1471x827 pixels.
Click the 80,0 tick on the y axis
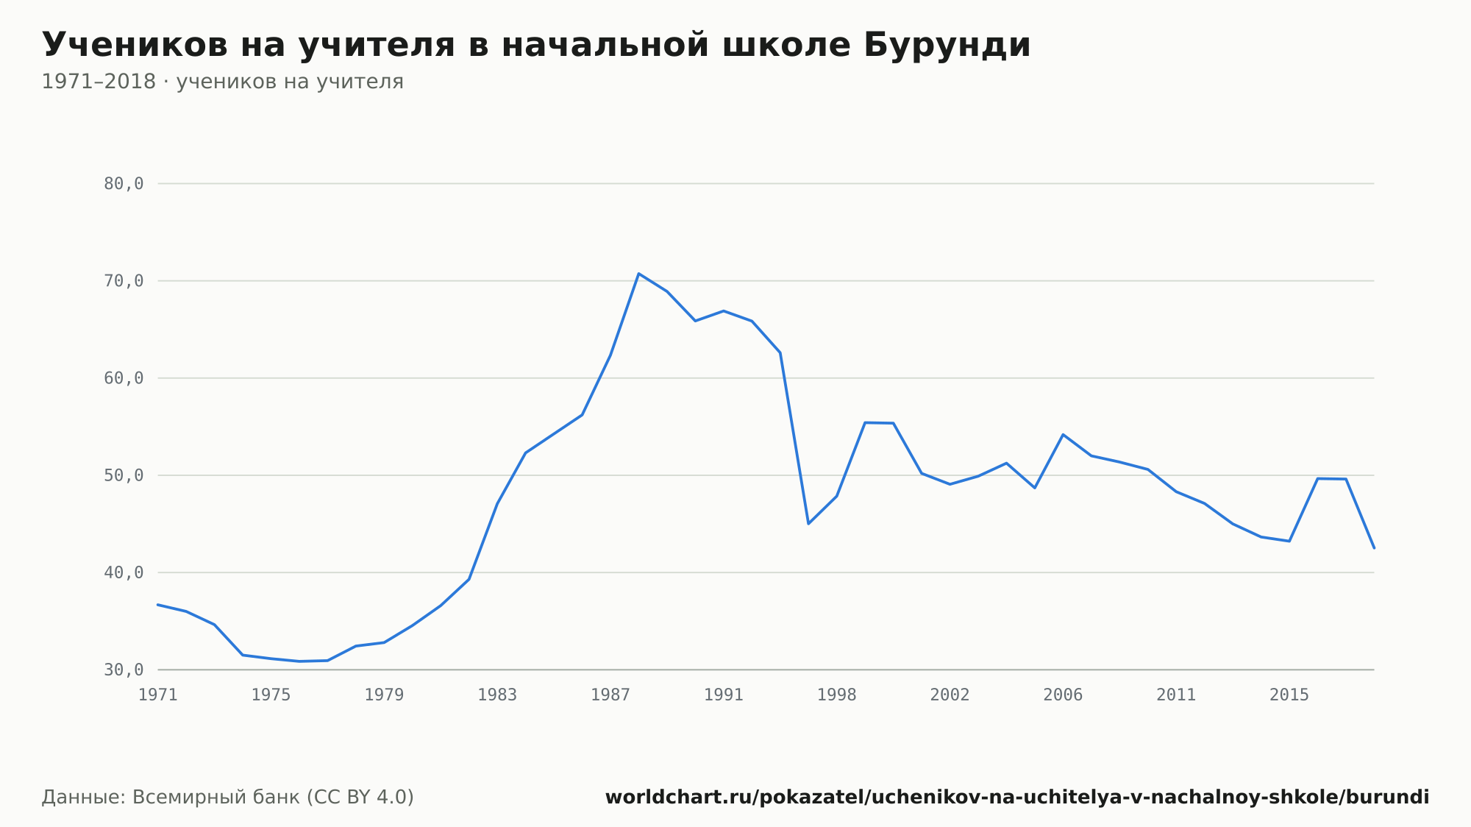[x=124, y=184]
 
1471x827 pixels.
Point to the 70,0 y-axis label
[x=124, y=281]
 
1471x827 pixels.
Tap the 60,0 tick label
[x=124, y=378]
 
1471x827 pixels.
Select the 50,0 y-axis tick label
[x=124, y=475]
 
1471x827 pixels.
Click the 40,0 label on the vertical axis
[x=124, y=572]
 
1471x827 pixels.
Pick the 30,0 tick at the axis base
[x=124, y=670]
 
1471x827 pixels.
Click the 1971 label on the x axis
[x=158, y=695]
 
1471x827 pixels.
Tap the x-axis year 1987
[x=610, y=695]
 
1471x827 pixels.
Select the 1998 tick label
[x=837, y=695]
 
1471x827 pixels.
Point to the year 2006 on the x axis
[x=1063, y=695]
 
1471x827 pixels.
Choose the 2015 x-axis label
[x=1289, y=695]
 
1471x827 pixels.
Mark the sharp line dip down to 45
[x=808, y=523]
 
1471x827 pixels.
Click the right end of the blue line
[x=1374, y=548]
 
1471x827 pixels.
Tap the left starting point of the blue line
[x=158, y=605]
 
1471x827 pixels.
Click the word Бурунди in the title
[x=947, y=45]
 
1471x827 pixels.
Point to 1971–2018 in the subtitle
[x=99, y=82]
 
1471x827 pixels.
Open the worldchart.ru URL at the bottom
[x=1017, y=798]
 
